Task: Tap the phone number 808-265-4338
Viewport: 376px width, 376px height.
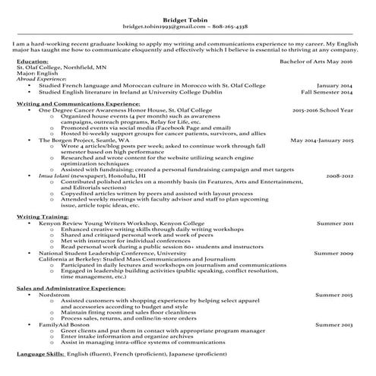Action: [x=230, y=27]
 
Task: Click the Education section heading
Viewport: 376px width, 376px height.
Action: [x=32, y=60]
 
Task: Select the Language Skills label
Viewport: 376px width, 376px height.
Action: [x=40, y=355]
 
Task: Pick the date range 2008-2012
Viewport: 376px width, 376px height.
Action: [x=340, y=176]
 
